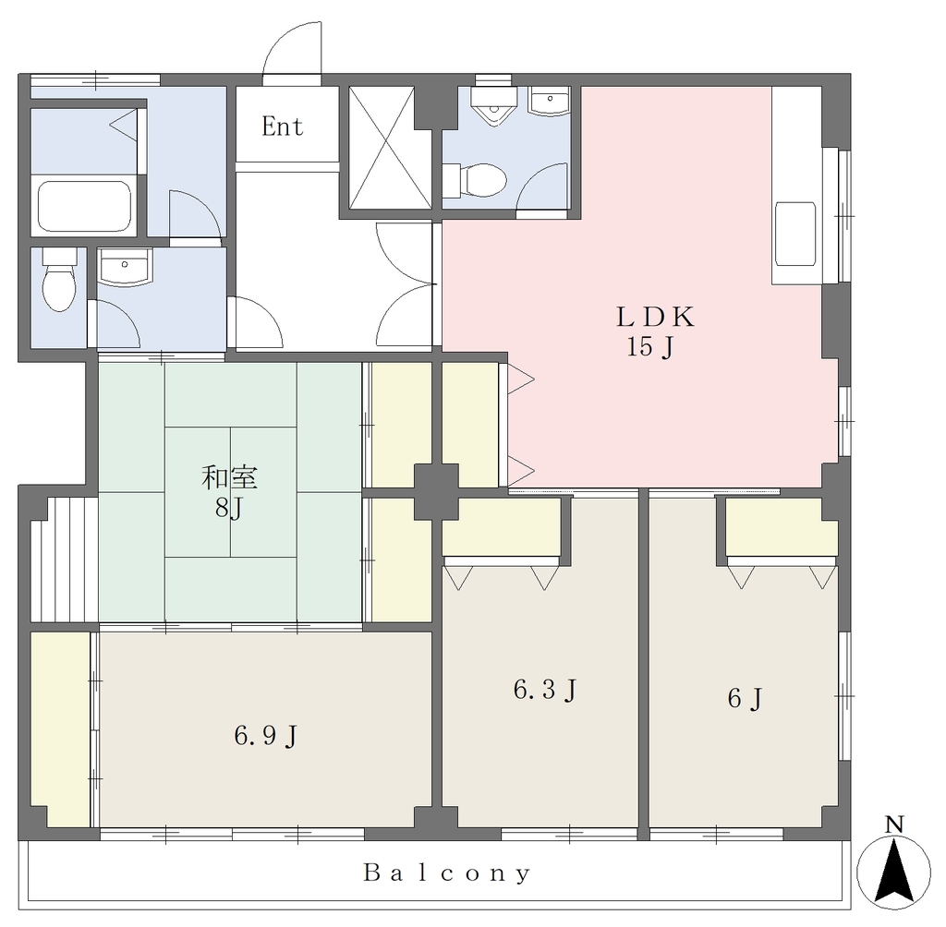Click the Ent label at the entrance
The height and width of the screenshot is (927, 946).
pyautogui.click(x=282, y=126)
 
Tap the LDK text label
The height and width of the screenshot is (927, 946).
pyautogui.click(x=655, y=318)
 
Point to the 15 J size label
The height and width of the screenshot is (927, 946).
pyautogui.click(x=649, y=347)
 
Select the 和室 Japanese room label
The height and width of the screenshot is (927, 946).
pyautogui.click(x=229, y=477)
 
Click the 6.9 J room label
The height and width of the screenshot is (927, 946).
pyautogui.click(x=265, y=737)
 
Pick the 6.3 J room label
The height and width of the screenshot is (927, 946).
pyautogui.click(x=544, y=690)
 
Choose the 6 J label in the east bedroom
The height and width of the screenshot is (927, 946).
pyautogui.click(x=746, y=698)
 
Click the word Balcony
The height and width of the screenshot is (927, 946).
pyautogui.click(x=446, y=873)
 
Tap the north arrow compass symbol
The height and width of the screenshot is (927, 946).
pyautogui.click(x=894, y=873)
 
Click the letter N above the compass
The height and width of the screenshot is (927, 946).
pyautogui.click(x=894, y=825)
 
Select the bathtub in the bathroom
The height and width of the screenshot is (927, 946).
pyautogui.click(x=84, y=206)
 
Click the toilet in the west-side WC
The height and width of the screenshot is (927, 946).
pyautogui.click(x=59, y=281)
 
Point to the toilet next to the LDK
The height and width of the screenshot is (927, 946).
pyautogui.click(x=476, y=180)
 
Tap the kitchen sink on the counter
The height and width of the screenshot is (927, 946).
pyautogui.click(x=795, y=234)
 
